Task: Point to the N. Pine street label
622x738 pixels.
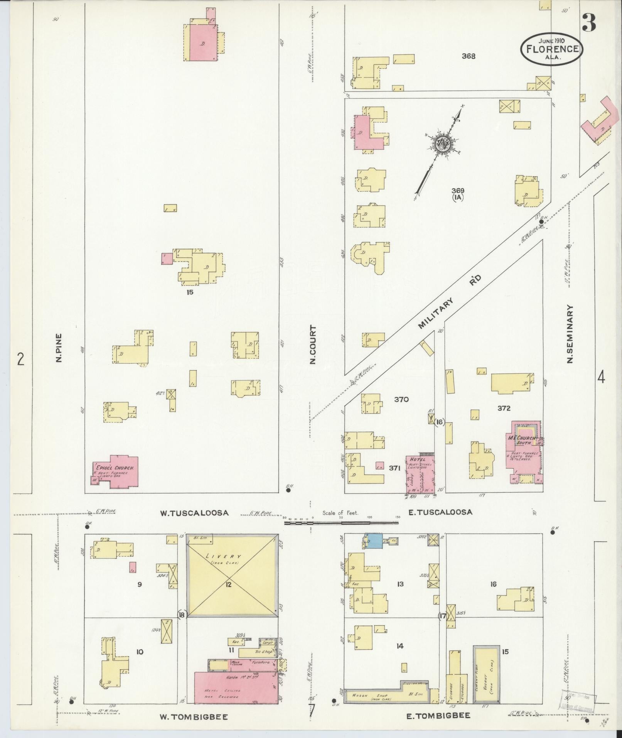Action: point(59,348)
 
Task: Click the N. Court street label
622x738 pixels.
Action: point(313,345)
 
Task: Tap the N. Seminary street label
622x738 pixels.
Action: point(570,334)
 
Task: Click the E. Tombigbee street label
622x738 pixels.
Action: point(438,716)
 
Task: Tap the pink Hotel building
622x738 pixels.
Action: point(420,475)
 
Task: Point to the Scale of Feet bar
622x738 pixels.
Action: point(341,523)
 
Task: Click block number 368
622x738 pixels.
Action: point(469,56)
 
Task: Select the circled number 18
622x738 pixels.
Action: point(182,615)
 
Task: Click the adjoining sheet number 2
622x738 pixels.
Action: point(20,359)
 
